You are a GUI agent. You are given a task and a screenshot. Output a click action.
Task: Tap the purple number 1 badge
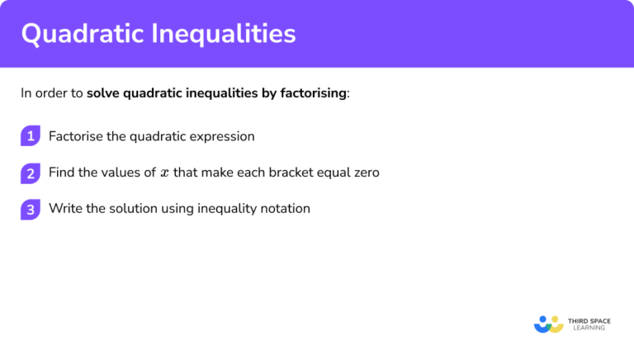[31, 136]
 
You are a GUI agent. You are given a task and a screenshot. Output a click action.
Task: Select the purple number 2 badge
[31, 173]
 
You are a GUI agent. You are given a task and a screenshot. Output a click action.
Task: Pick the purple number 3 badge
[31, 209]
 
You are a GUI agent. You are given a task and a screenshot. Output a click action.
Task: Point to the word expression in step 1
[220, 136]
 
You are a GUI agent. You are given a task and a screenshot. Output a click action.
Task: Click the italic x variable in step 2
[165, 173]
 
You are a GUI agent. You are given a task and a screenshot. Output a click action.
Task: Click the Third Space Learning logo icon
[548, 323]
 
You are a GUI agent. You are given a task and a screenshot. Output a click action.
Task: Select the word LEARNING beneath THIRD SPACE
[588, 328]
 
